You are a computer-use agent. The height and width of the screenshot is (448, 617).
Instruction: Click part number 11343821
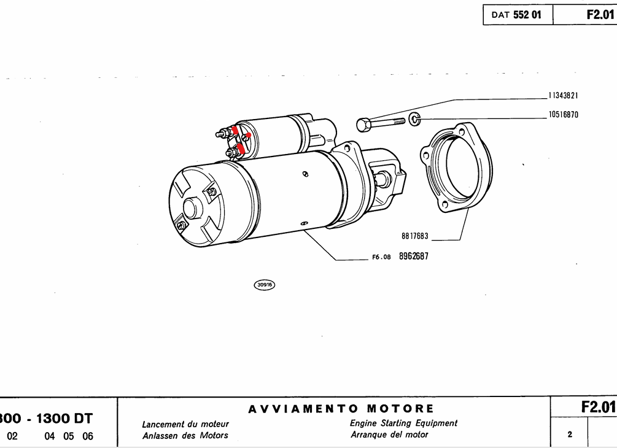pyautogui.click(x=563, y=96)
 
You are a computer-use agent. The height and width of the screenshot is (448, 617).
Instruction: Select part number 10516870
pyautogui.click(x=563, y=115)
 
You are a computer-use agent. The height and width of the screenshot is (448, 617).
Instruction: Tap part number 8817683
pyautogui.click(x=415, y=236)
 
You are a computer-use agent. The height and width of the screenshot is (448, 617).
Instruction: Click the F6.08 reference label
pyautogui.click(x=381, y=258)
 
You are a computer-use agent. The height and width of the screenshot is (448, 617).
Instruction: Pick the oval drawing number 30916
pyautogui.click(x=265, y=285)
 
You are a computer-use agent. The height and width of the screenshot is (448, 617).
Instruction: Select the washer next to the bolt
pyautogui.click(x=414, y=118)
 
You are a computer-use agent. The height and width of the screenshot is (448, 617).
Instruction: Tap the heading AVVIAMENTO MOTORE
pyautogui.click(x=341, y=409)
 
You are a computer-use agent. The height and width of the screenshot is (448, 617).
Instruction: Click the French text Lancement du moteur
pyautogui.click(x=185, y=424)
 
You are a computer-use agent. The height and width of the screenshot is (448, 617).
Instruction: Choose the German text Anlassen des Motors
pyautogui.click(x=185, y=436)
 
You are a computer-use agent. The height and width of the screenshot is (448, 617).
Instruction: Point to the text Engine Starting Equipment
pyautogui.click(x=403, y=423)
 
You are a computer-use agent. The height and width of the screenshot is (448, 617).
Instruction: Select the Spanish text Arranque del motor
pyautogui.click(x=389, y=434)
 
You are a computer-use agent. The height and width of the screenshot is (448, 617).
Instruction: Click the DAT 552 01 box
pyautogui.click(x=518, y=15)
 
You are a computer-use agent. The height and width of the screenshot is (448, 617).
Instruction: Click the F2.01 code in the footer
pyautogui.click(x=597, y=407)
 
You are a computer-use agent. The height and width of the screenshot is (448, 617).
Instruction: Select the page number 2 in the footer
pyautogui.click(x=570, y=434)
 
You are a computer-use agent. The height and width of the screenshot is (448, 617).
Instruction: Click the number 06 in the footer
pyautogui.click(x=88, y=437)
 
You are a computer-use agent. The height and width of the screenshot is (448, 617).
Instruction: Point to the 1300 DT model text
pyautogui.click(x=64, y=419)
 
